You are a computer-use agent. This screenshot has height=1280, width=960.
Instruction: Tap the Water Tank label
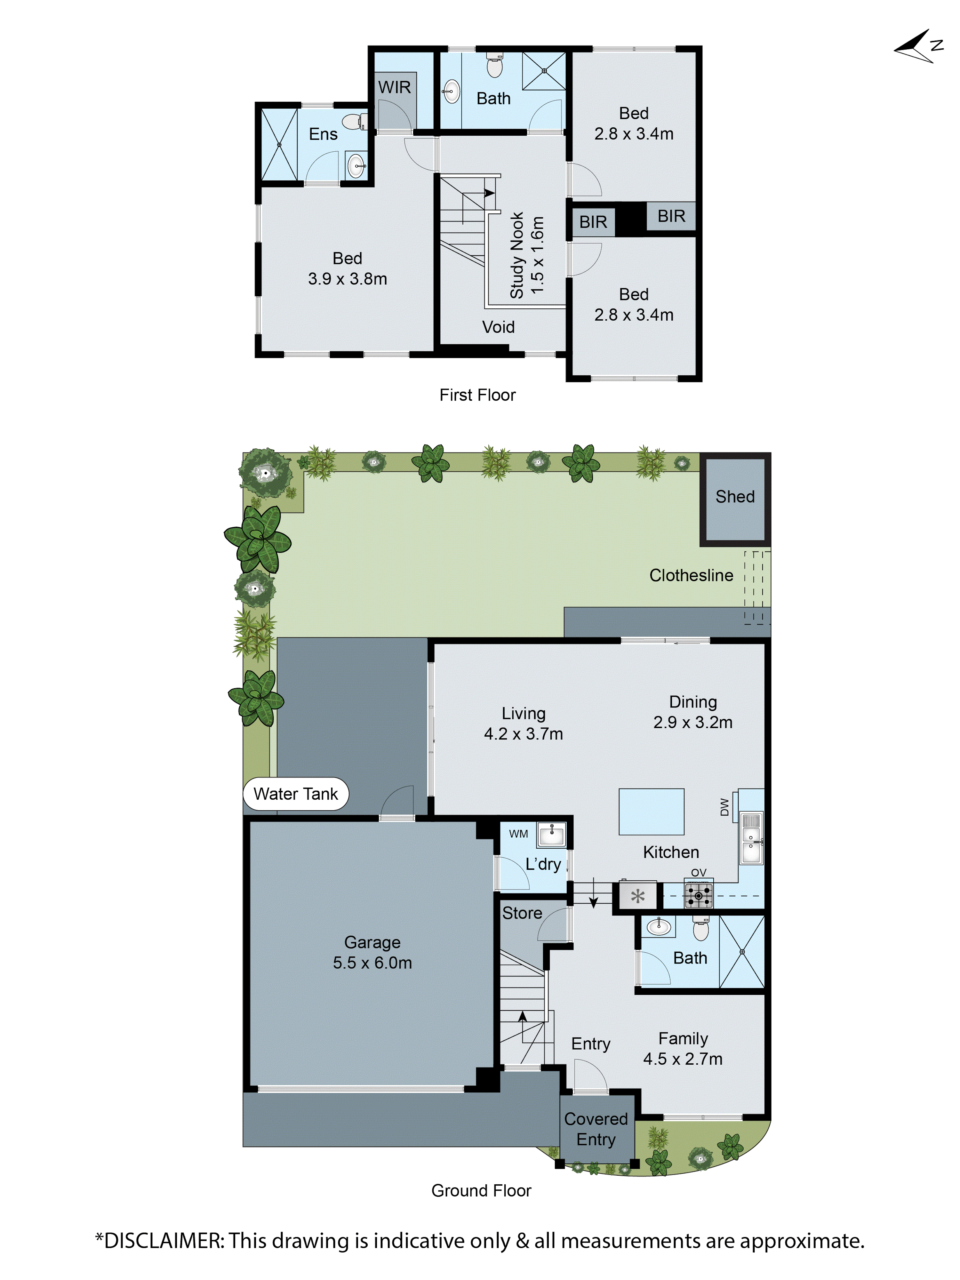(295, 794)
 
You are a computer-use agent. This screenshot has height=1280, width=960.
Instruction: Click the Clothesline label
(691, 575)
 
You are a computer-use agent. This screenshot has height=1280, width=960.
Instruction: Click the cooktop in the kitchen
(699, 896)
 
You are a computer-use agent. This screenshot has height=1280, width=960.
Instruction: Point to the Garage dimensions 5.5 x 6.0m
(372, 963)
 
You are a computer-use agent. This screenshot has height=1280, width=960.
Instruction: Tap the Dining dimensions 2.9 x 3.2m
(693, 722)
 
